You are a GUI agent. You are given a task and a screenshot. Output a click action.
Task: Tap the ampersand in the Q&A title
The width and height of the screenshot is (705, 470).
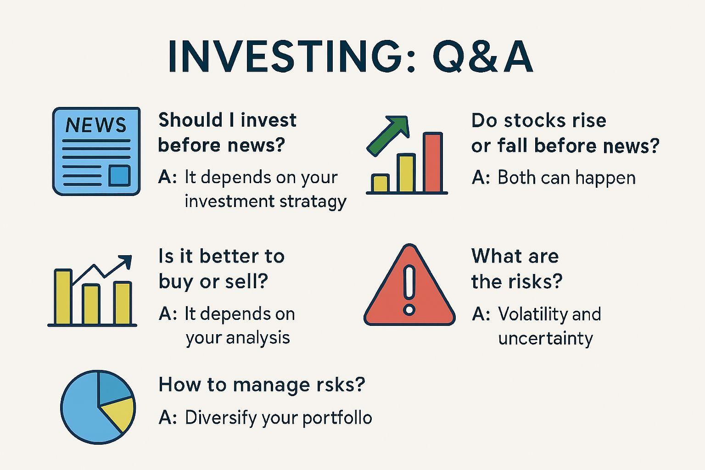[480, 57]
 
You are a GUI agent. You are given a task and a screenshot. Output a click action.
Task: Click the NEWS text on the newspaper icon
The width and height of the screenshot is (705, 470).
[96, 125]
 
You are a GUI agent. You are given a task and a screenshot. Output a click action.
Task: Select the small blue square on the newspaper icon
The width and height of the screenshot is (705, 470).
[119, 176]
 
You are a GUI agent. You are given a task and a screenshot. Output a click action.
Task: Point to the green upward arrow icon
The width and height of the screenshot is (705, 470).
[388, 135]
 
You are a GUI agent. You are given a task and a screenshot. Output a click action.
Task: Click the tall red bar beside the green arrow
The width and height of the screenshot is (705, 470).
[433, 162]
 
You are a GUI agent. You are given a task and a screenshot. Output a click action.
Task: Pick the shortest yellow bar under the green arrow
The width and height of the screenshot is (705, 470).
[380, 183]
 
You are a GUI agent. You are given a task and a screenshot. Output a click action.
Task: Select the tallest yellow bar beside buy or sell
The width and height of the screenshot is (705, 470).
[63, 297]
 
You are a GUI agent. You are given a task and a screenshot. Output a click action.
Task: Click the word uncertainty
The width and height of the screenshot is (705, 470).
[545, 339]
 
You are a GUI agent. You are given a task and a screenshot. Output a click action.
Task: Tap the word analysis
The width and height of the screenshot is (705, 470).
[261, 338]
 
